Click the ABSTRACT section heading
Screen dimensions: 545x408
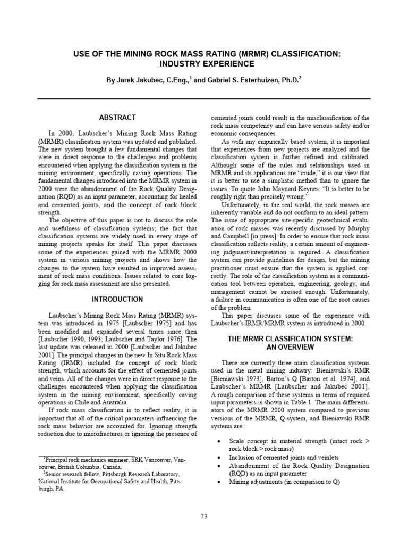tap(117, 117)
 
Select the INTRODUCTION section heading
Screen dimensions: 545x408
tap(117, 300)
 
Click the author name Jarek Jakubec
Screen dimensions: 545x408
tap(143, 80)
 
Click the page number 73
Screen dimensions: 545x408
tap(204, 516)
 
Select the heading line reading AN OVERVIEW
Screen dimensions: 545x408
tap(291, 347)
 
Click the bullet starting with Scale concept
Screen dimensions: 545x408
tap(297, 445)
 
